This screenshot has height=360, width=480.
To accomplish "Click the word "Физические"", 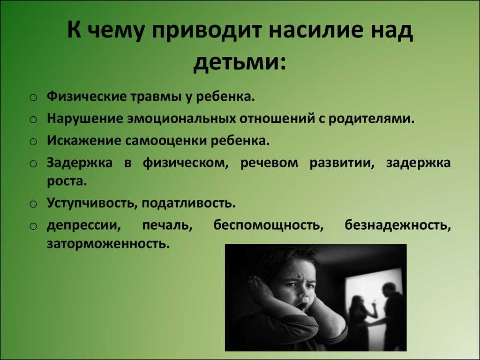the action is point(87,97).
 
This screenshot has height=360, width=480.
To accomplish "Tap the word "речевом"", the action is point(269,163).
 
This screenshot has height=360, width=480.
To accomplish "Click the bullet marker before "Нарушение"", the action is point(33,120).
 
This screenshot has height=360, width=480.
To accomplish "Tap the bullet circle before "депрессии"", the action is point(33,226).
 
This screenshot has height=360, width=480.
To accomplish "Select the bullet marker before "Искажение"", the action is point(33,142).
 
